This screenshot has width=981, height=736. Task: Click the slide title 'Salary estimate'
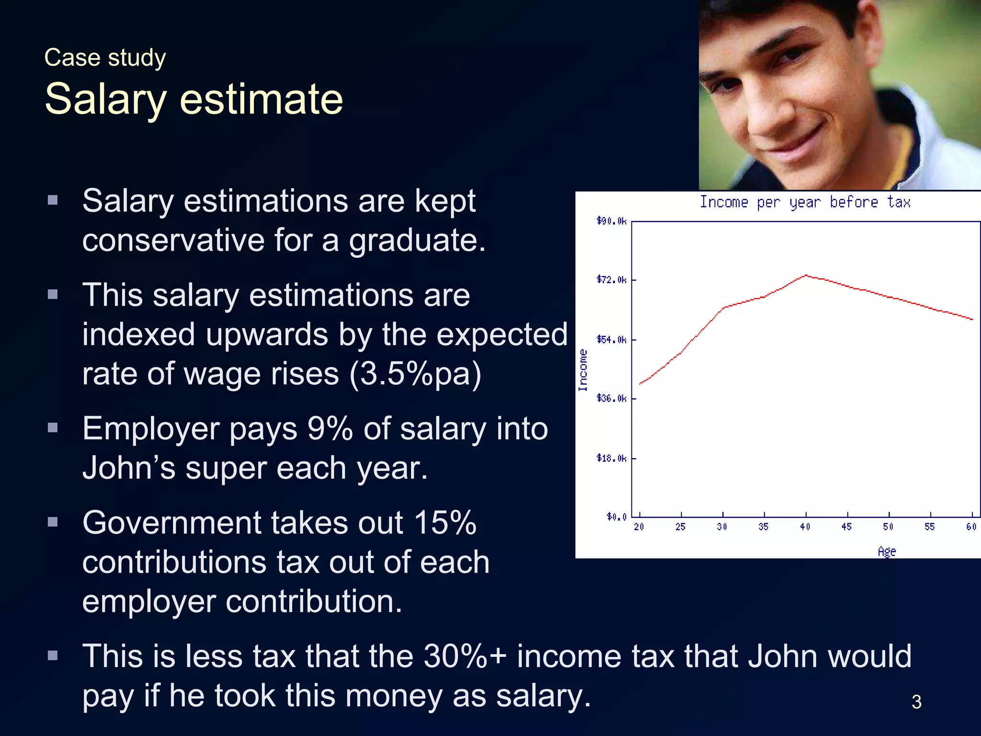click(194, 99)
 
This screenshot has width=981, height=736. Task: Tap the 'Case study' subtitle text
click(105, 58)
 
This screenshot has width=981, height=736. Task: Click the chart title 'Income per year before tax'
click(805, 202)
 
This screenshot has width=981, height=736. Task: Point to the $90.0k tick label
click(611, 221)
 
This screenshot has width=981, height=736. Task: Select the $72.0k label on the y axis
click(611, 280)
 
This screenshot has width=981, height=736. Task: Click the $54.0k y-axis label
click(611, 340)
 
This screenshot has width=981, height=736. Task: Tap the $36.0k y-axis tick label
click(611, 399)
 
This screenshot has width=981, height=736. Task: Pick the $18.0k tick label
click(611, 459)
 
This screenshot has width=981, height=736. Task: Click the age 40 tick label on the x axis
click(805, 527)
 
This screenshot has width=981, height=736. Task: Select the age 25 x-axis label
click(680, 527)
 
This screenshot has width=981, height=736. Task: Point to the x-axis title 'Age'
click(887, 552)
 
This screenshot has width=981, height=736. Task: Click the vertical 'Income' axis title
click(583, 370)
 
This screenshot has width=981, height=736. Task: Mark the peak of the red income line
click(806, 276)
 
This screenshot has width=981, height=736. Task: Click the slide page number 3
click(916, 702)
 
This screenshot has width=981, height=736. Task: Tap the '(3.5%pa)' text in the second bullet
click(415, 374)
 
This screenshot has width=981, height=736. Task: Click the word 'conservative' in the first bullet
click(173, 240)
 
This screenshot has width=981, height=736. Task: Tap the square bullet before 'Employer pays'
click(53, 427)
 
